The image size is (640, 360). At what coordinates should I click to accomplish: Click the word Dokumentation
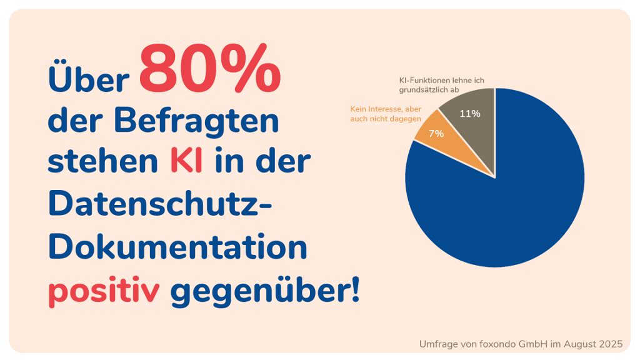177,247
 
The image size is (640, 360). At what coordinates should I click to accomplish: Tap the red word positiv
104,292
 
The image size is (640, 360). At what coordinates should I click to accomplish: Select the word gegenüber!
265,292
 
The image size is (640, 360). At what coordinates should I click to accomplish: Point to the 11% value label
469,114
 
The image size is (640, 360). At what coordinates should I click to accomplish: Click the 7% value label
436,134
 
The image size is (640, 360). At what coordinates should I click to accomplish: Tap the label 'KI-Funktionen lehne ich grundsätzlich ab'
441,85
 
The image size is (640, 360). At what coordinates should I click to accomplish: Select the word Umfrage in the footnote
437,344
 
